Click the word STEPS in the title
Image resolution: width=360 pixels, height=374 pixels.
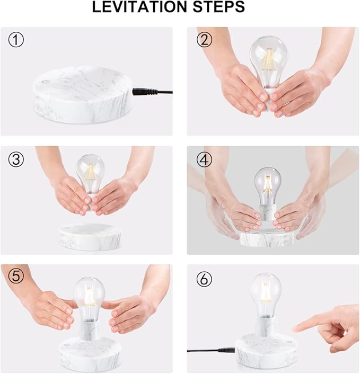click(222, 7)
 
